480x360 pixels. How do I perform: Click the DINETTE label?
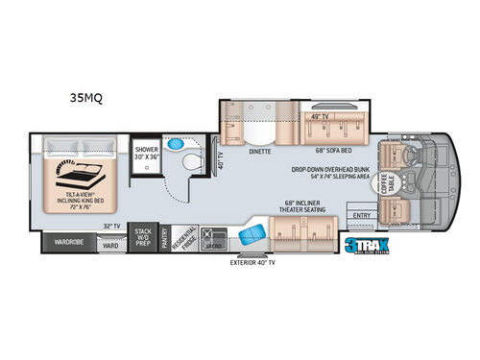tap(259, 151)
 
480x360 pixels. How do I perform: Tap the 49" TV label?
tap(322, 116)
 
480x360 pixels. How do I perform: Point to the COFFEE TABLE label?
tap(392, 180)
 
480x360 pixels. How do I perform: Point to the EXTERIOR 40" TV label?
tap(252, 261)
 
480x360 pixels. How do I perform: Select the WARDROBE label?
tap(68, 242)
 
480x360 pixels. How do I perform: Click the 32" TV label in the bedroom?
tap(111, 226)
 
